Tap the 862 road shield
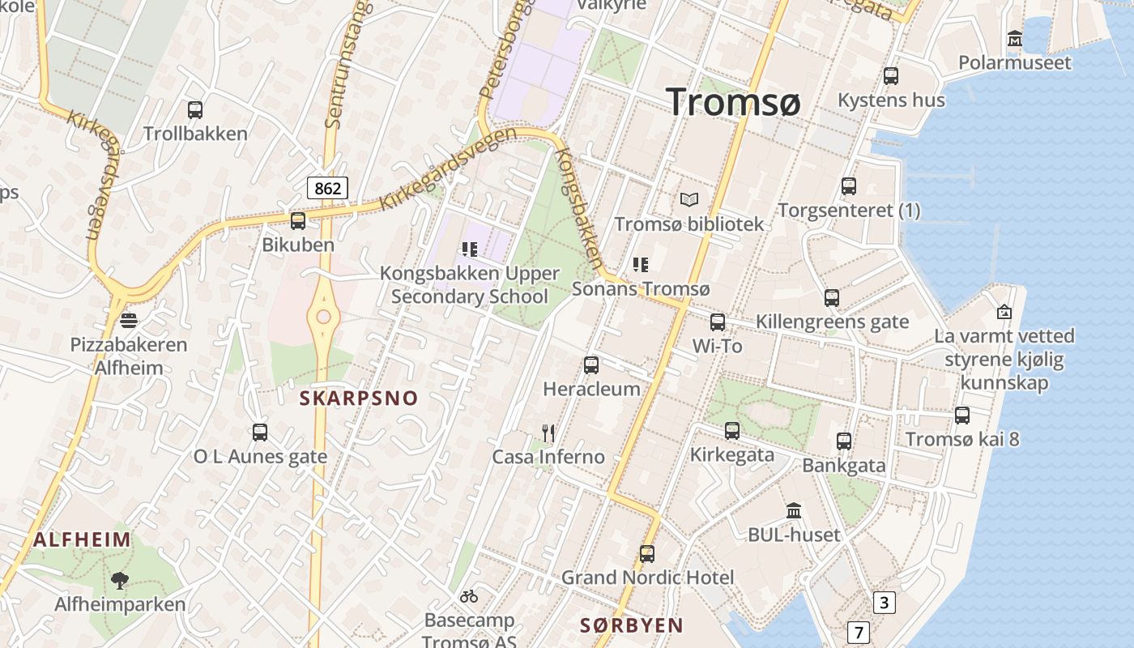[327, 189]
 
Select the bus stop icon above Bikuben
[298, 220]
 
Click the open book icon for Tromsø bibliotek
[689, 199]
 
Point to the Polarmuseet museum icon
[1014, 38]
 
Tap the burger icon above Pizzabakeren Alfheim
[128, 320]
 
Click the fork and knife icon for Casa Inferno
[548, 433]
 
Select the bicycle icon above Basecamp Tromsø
[469, 597]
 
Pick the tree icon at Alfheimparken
[120, 580]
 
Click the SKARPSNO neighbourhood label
[359, 398]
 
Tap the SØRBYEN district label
[632, 625]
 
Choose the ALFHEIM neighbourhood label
[83, 539]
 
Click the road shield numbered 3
[884, 603]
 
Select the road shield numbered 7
[859, 632]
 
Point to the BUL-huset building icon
[794, 511]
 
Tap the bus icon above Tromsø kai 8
[962, 416]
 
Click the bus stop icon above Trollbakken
[195, 110]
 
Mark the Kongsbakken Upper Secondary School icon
[469, 249]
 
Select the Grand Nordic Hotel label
[647, 578]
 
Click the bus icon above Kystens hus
[891, 76]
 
